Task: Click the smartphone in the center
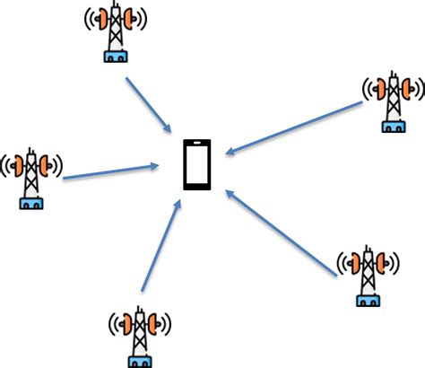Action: click(197, 164)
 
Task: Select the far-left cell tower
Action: click(31, 175)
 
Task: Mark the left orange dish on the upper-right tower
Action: click(380, 87)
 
